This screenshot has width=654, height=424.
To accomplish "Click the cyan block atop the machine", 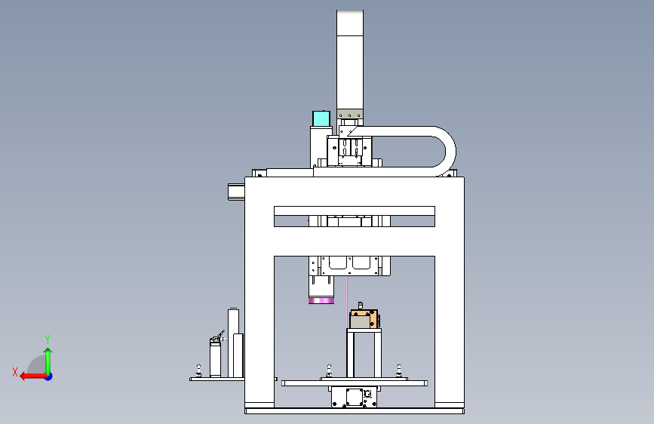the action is click(x=321, y=118).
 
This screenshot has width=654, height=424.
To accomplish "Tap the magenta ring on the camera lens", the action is click(x=321, y=301).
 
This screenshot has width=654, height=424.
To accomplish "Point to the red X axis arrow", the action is click(x=33, y=376).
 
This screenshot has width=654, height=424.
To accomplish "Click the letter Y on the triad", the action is click(x=48, y=339).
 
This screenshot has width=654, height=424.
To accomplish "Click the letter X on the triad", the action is click(x=15, y=372).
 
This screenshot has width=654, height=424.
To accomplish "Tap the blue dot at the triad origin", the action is click(x=49, y=376).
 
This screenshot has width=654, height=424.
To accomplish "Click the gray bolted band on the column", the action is click(x=350, y=115).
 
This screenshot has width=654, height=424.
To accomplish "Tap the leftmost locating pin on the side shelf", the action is click(x=198, y=370).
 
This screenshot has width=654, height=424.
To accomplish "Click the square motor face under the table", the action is click(x=354, y=396).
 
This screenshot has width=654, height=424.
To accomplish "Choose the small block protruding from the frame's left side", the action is click(x=236, y=192).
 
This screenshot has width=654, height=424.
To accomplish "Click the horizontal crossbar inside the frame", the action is click(x=355, y=210).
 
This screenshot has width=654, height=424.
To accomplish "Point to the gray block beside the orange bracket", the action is click(x=360, y=321).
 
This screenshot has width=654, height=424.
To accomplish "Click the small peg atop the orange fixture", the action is click(x=361, y=306).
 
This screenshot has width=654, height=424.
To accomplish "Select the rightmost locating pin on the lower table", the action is click(x=399, y=370).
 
